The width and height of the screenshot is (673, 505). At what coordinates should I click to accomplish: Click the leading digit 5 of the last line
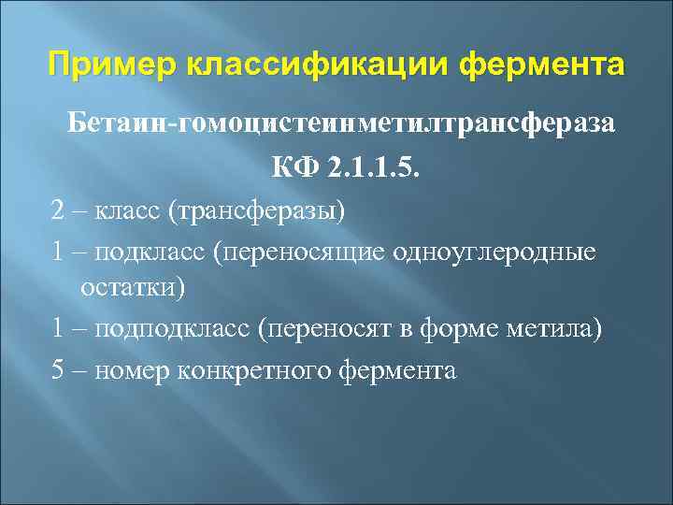(59, 371)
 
